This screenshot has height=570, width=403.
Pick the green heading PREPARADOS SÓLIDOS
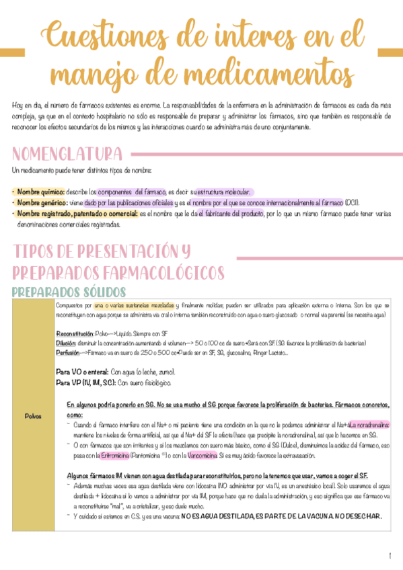coord(69,292)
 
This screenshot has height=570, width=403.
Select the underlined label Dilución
coord(67,343)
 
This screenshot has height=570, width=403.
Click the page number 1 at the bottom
coord(389,555)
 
